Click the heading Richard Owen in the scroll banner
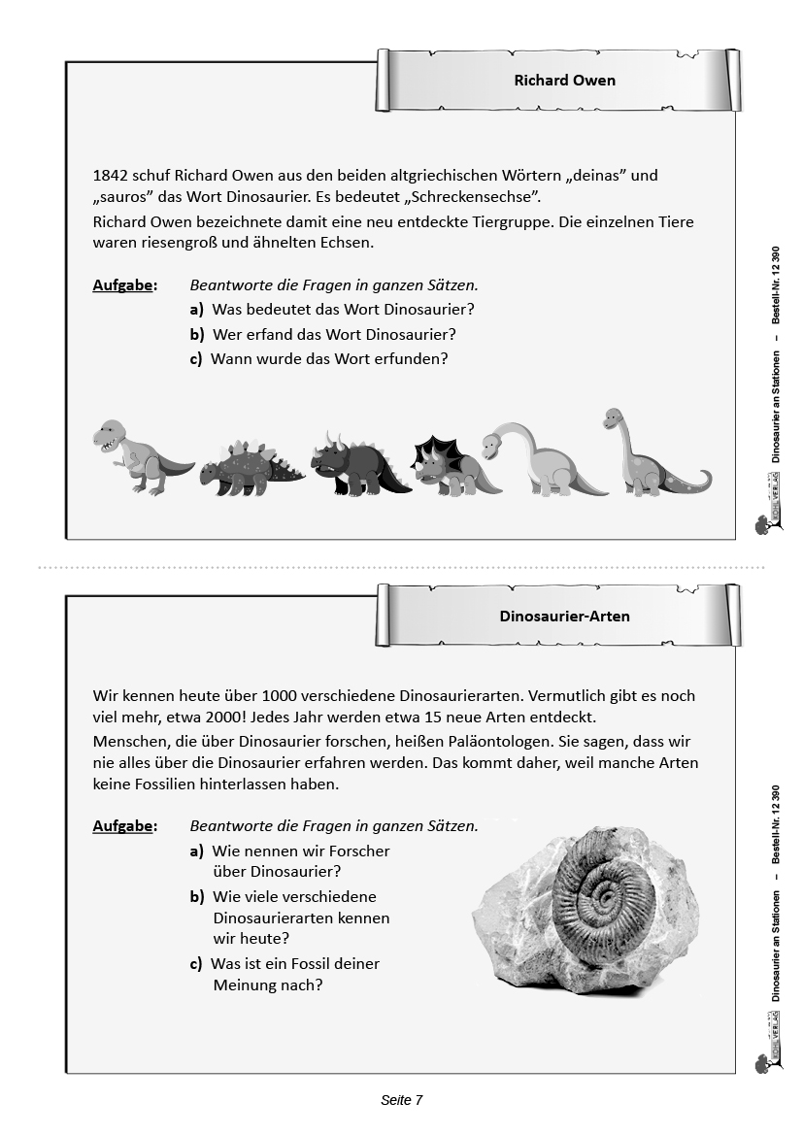point(564,81)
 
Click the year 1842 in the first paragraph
point(111,176)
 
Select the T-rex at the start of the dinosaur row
point(136,456)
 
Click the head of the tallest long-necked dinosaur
point(613,419)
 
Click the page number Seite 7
point(401,1100)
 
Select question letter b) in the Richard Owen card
point(197,334)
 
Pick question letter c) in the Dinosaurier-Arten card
point(197,964)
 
